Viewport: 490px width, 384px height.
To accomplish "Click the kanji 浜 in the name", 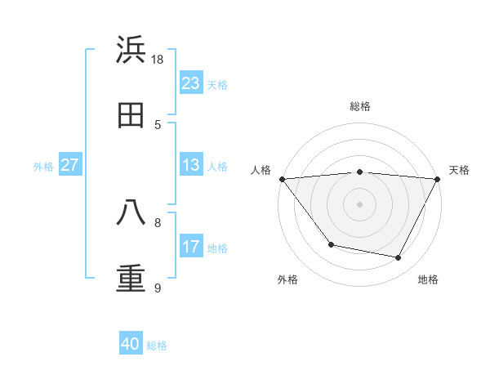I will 131,51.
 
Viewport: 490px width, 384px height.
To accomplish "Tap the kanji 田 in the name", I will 131,115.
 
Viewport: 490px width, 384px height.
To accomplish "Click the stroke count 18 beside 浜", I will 158,60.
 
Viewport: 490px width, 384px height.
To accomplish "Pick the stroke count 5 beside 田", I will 158,124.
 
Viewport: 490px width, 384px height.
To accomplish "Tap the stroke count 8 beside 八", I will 158,221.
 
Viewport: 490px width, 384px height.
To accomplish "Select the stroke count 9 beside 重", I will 158,288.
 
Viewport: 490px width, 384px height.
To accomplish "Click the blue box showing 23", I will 191,83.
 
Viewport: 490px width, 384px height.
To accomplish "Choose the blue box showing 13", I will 191,165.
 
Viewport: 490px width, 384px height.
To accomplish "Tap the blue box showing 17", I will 191,247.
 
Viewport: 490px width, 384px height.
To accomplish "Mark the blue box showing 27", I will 70,165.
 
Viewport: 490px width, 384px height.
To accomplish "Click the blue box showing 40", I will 131,344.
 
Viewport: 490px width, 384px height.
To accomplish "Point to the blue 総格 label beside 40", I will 157,346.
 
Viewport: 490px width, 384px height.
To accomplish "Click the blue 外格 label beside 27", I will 43,167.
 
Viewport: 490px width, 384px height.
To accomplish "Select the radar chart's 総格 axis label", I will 360,106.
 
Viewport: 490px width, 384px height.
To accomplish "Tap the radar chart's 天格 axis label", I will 460,170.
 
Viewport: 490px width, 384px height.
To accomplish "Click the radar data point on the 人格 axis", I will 282,179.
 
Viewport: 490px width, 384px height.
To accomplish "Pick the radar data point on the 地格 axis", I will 399,258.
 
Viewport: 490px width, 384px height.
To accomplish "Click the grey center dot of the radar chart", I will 360,203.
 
